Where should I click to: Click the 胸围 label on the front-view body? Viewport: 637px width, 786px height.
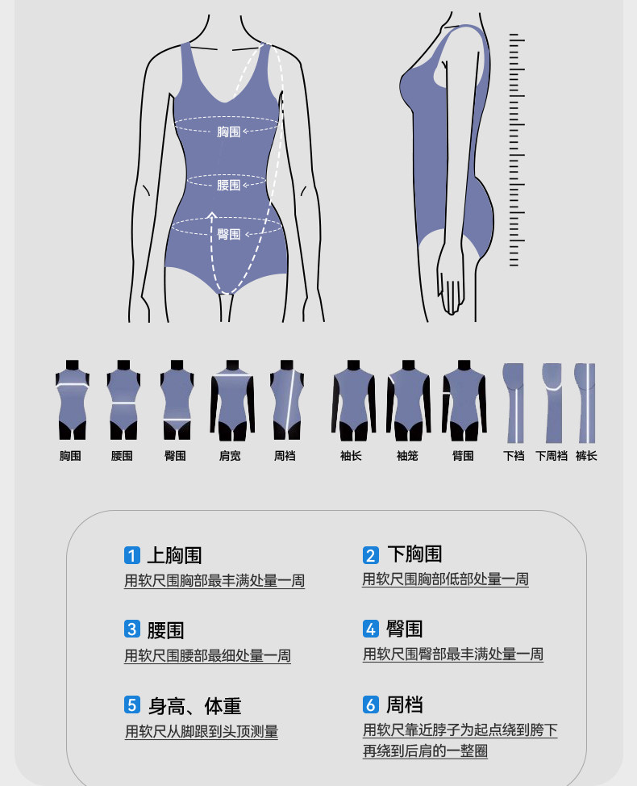pos(228,132)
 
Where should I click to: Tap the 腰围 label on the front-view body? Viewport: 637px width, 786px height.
pos(228,185)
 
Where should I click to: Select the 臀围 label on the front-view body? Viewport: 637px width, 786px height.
pos(228,234)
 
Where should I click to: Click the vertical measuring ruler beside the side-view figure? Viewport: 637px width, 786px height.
pos(514,150)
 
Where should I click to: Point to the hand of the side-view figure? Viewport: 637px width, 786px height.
pos(452,291)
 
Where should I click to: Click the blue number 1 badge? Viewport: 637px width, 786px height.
pos(132,555)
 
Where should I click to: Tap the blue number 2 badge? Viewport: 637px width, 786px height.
pos(370,555)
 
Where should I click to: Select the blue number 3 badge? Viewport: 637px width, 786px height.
pos(132,629)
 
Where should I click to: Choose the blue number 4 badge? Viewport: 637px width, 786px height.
pos(370,629)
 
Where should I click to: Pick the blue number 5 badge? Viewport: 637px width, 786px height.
pos(132,704)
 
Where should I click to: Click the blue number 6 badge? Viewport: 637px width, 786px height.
pos(370,704)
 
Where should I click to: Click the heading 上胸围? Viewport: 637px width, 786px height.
pos(174,555)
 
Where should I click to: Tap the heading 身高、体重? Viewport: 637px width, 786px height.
pos(194,706)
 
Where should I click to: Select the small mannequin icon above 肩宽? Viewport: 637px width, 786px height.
pos(232,400)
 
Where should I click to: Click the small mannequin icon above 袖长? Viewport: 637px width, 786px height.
pos(353,400)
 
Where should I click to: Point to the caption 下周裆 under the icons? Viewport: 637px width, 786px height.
pos(552,456)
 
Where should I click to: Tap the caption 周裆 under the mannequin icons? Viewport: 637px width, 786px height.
pos(285,456)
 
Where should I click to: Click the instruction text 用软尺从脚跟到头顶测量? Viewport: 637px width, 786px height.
pos(202,732)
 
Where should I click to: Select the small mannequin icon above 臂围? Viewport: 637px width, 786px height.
pos(464,400)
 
